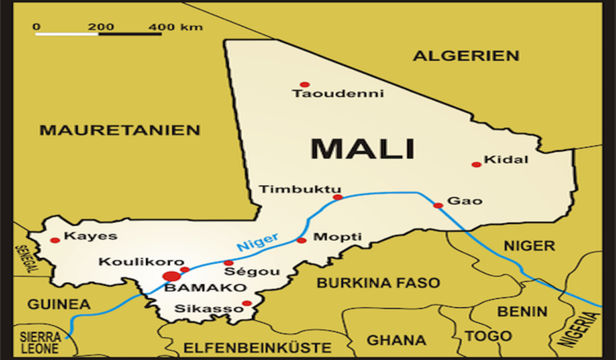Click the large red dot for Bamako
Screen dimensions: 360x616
click(x=171, y=276)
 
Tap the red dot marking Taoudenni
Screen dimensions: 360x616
click(x=304, y=84)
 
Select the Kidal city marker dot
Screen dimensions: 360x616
click(x=476, y=164)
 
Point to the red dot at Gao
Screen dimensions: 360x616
click(x=438, y=205)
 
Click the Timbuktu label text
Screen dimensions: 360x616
click(x=300, y=189)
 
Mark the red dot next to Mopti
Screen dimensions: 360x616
click(x=301, y=240)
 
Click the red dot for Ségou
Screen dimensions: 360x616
click(x=229, y=263)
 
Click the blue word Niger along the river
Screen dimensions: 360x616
click(x=257, y=241)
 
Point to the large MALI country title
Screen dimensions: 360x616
click(x=363, y=149)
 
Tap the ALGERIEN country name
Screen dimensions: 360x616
click(x=466, y=56)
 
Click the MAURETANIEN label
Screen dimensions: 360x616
click(x=120, y=129)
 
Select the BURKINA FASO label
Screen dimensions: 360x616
click(x=378, y=282)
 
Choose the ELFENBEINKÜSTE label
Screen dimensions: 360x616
click(x=257, y=347)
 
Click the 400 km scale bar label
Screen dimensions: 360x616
click(x=176, y=27)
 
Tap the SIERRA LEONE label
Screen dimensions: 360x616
click(x=40, y=343)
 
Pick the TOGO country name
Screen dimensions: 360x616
click(x=488, y=336)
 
